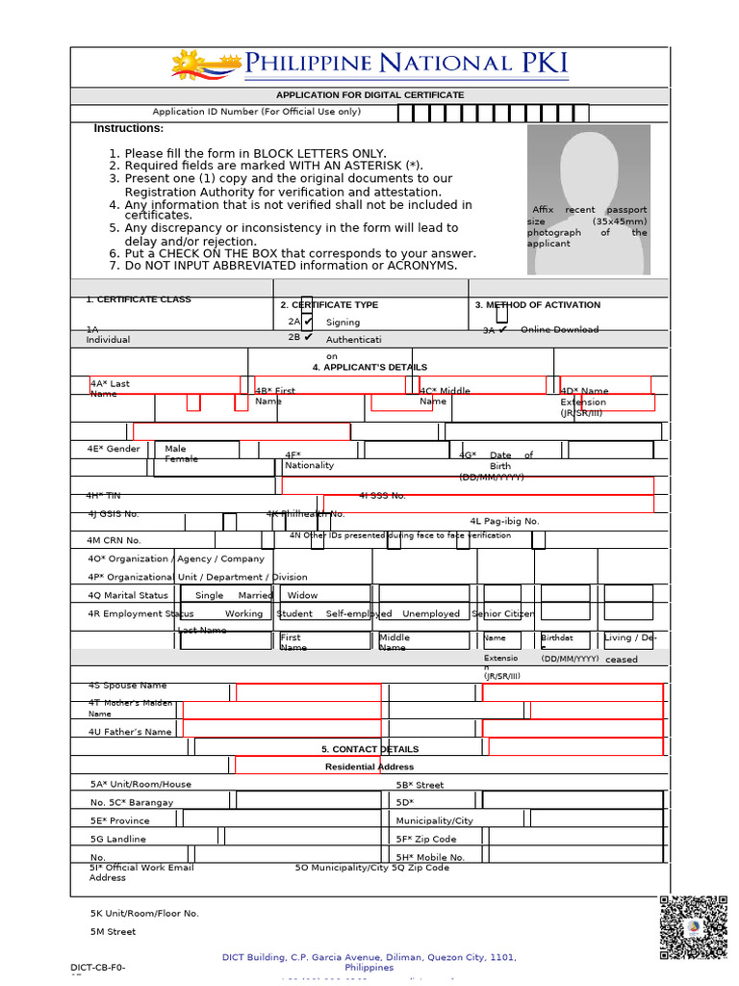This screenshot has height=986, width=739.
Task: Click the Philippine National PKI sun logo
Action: click(x=204, y=65)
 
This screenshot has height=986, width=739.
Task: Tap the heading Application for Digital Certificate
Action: click(x=369, y=95)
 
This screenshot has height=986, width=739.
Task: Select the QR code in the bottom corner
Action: click(x=693, y=927)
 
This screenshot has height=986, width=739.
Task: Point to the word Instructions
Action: click(x=129, y=129)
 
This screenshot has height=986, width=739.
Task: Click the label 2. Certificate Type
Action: click(x=329, y=305)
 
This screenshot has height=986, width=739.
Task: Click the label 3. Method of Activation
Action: click(x=537, y=305)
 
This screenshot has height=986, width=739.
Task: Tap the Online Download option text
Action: click(x=559, y=330)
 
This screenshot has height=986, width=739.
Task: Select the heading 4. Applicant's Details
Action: click(x=369, y=368)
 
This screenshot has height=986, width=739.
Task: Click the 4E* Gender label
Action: click(x=114, y=449)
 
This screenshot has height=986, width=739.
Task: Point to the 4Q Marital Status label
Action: click(x=127, y=596)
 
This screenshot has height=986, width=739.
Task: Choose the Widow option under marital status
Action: click(x=302, y=596)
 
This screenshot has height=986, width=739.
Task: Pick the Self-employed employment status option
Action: click(x=358, y=614)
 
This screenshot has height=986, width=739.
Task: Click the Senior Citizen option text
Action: click(x=503, y=614)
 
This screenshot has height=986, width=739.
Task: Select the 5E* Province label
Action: click(x=120, y=821)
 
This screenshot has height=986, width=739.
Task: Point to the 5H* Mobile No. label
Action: click(x=430, y=857)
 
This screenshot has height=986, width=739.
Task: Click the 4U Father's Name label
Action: click(x=130, y=733)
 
